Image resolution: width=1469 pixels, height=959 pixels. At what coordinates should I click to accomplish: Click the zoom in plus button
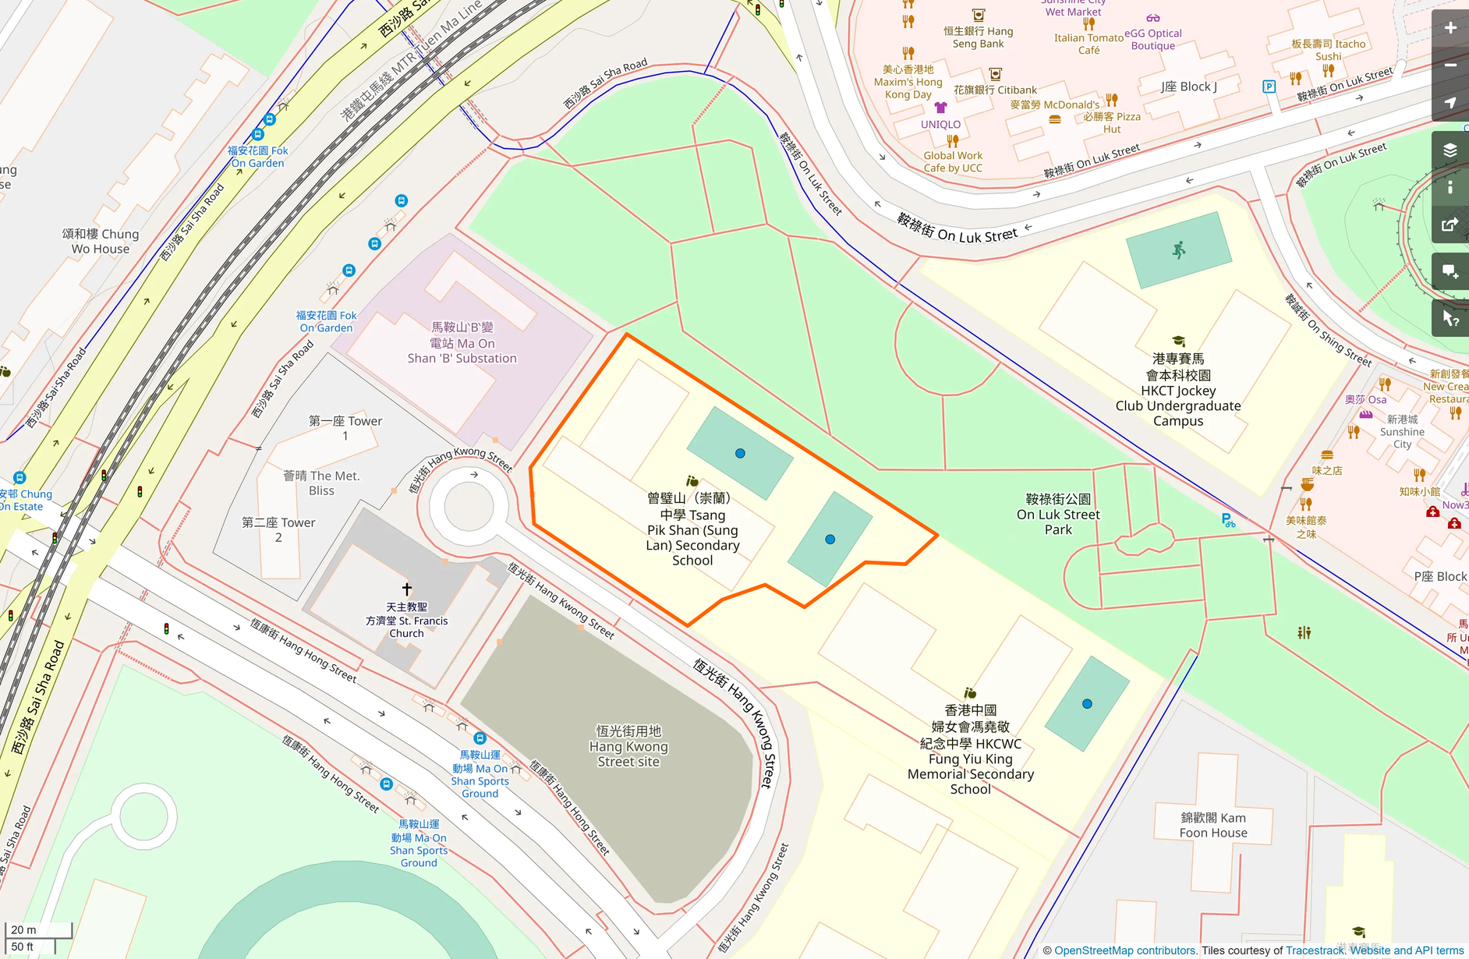click(1450, 28)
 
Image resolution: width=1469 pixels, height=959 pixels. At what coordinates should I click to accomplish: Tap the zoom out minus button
click(1450, 65)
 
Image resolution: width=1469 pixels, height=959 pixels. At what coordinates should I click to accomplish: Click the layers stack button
click(1450, 150)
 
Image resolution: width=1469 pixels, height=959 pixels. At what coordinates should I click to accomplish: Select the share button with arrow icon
click(1450, 225)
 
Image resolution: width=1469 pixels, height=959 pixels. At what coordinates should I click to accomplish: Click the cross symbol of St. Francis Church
click(406, 589)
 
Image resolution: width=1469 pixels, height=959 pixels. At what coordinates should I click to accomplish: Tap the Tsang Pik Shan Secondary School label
click(692, 529)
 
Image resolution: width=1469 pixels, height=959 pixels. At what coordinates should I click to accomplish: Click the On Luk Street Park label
click(1058, 515)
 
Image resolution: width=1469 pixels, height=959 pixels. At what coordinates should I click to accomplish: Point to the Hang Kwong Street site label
click(628, 746)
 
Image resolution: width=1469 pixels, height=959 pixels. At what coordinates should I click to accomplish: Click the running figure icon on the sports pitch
click(1179, 249)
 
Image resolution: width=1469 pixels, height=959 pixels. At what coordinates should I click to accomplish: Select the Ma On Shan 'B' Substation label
click(462, 343)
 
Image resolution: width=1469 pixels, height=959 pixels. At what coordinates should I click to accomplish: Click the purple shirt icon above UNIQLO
click(940, 108)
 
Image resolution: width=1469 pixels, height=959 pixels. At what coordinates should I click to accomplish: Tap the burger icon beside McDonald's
click(1055, 119)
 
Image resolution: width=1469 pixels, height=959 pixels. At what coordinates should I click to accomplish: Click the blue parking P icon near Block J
click(1269, 87)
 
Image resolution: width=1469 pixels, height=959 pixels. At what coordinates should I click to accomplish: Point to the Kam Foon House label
click(1213, 825)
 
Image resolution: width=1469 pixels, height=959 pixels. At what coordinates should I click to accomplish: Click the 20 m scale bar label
click(24, 929)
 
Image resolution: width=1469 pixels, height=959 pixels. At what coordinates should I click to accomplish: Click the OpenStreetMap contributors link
click(1125, 950)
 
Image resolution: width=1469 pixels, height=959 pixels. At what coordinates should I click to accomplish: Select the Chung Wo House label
click(101, 241)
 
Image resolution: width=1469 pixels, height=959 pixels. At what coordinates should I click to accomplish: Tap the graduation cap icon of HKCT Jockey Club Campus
click(1178, 341)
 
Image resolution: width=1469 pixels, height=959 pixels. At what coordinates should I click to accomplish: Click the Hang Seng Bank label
click(978, 37)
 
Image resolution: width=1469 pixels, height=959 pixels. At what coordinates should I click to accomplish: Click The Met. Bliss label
click(321, 483)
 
